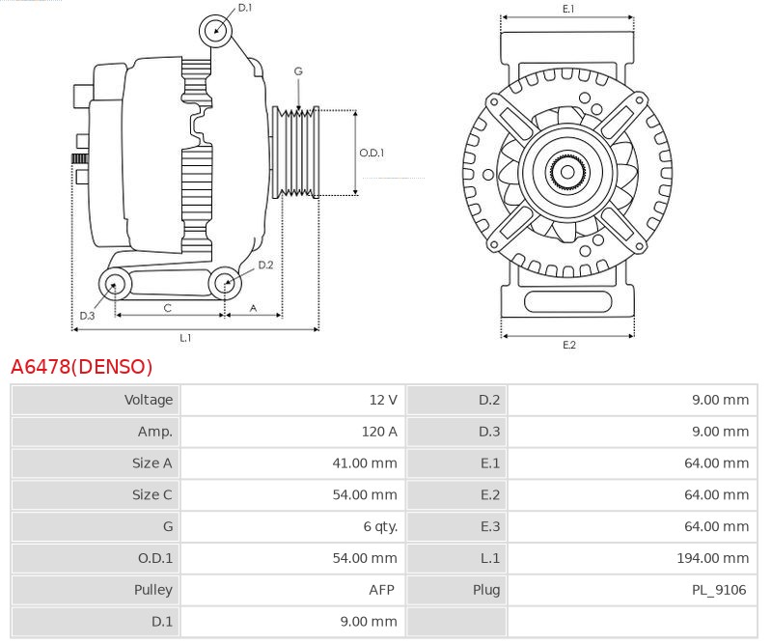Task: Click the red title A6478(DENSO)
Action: point(82,367)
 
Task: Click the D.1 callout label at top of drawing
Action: point(245,8)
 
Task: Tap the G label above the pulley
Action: point(298,71)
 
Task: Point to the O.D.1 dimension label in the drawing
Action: point(372,153)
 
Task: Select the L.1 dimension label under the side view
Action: point(185,338)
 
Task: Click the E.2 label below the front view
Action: point(569,345)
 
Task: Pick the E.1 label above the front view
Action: point(568,9)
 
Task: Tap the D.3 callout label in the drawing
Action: point(87,316)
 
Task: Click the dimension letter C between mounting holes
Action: point(167,308)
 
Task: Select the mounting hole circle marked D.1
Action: point(215,31)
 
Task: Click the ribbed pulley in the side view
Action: point(296,153)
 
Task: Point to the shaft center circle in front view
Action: point(567,172)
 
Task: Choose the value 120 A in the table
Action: point(379,432)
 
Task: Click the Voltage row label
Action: point(149,400)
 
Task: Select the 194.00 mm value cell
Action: point(713,558)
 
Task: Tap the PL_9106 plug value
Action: point(719,590)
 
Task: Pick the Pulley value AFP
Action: point(381,590)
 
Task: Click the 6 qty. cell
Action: point(380,527)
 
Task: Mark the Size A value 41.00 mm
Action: point(365,463)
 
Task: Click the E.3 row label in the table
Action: point(490,527)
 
